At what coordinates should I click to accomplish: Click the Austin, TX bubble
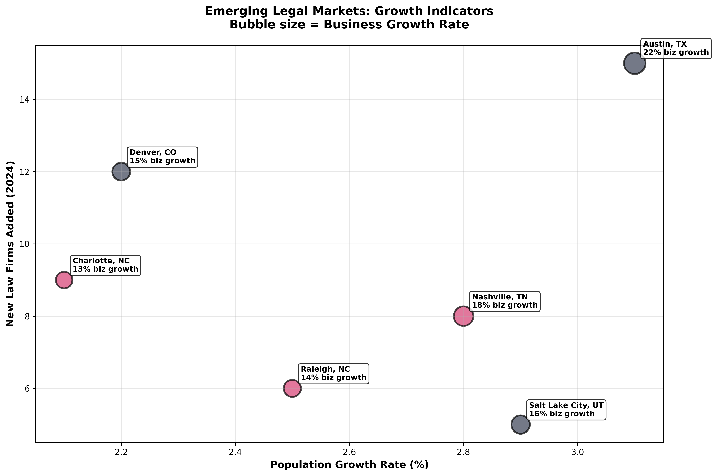pos(634,63)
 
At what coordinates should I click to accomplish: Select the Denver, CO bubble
pos(121,172)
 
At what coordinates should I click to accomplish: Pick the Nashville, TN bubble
pos(463,316)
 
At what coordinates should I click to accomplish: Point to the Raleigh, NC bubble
pos(292,388)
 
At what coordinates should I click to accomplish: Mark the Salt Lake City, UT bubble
pos(520,424)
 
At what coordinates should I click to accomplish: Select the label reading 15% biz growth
pos(162,157)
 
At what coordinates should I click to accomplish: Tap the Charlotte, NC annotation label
pos(105,265)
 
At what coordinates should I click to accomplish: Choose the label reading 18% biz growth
pos(505,301)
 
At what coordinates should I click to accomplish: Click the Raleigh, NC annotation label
pos(333,373)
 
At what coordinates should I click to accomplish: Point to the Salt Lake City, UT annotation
pos(566,410)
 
